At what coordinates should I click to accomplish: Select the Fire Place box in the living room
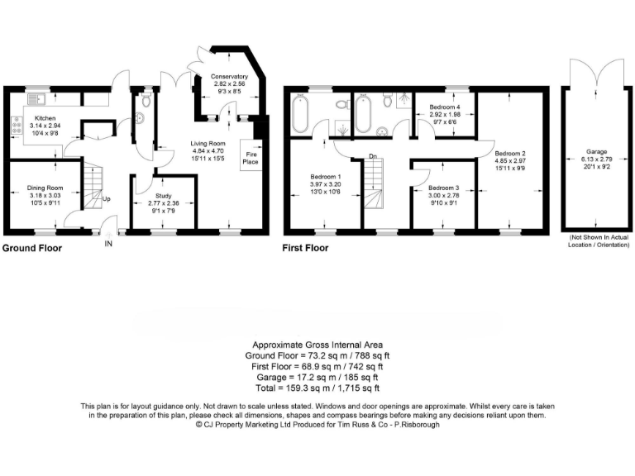(249, 157)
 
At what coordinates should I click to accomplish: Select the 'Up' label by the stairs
(107, 199)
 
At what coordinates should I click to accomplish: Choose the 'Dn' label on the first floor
(373, 158)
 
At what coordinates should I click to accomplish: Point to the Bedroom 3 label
(444, 188)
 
